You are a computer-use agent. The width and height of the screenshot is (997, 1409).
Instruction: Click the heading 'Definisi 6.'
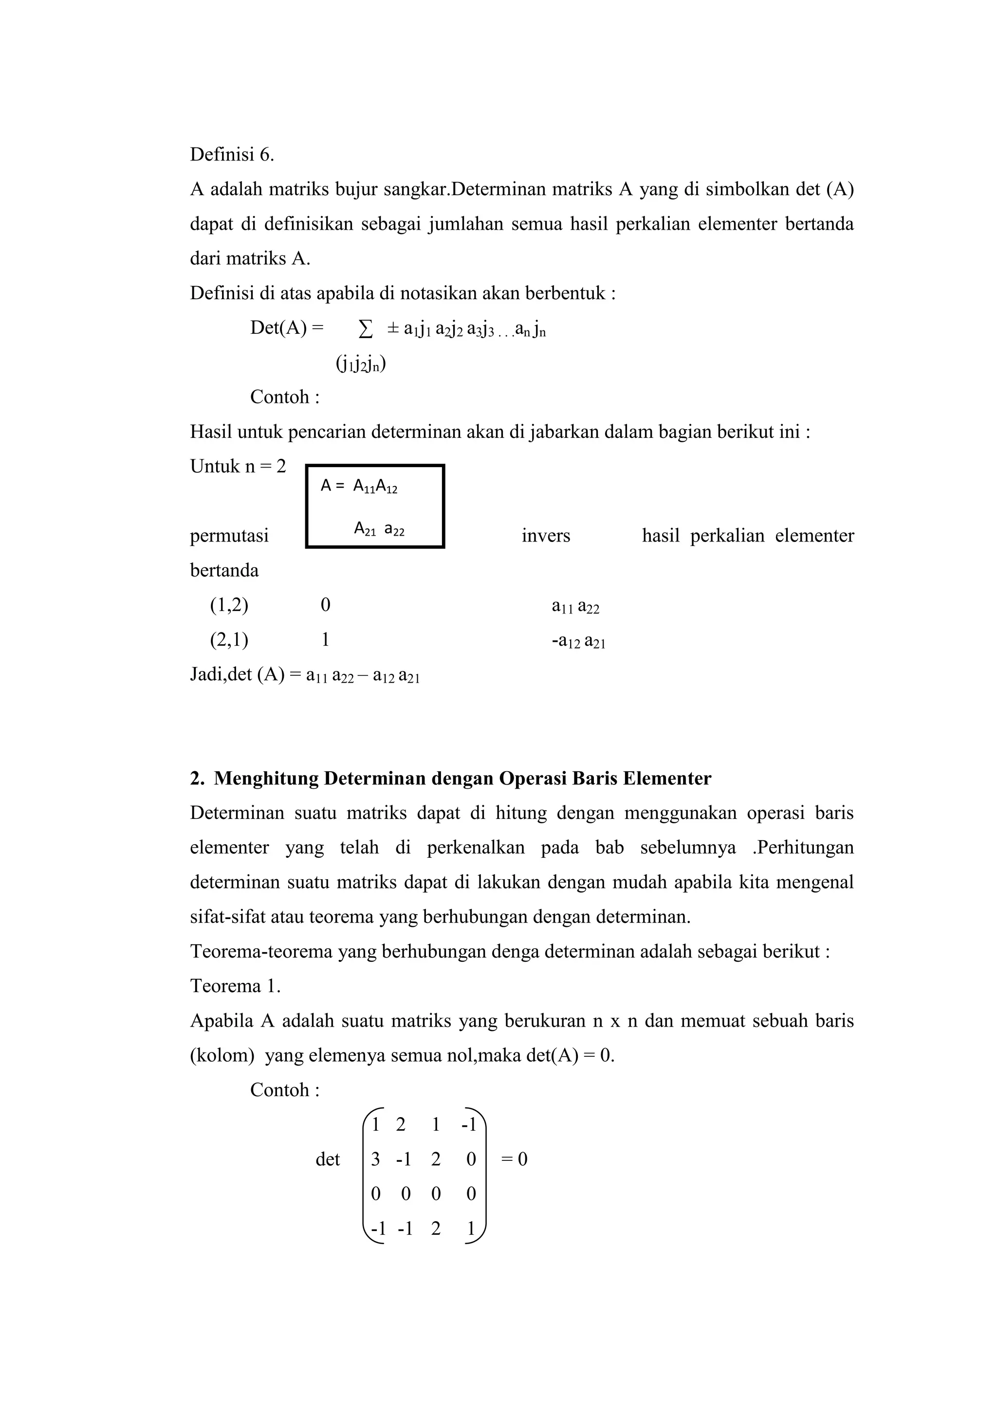[x=231, y=155]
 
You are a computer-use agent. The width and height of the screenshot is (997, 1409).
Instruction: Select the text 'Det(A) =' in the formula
[x=287, y=328]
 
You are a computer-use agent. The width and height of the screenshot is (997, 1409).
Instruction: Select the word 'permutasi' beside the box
[x=229, y=536]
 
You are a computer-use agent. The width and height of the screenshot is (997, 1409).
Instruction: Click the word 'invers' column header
[x=546, y=536]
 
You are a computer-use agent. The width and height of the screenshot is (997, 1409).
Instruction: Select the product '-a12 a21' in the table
[x=578, y=641]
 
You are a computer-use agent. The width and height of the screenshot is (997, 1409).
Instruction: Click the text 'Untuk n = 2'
[x=238, y=467]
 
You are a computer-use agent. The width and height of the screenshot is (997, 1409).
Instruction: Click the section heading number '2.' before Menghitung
[x=197, y=778]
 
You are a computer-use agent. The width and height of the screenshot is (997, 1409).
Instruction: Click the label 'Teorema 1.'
[x=235, y=986]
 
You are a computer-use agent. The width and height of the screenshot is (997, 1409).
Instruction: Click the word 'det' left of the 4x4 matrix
[x=327, y=1159]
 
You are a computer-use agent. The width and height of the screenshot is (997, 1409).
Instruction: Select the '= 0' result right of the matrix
[x=515, y=1159]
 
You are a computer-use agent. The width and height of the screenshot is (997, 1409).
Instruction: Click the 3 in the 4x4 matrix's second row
[x=375, y=1159]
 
